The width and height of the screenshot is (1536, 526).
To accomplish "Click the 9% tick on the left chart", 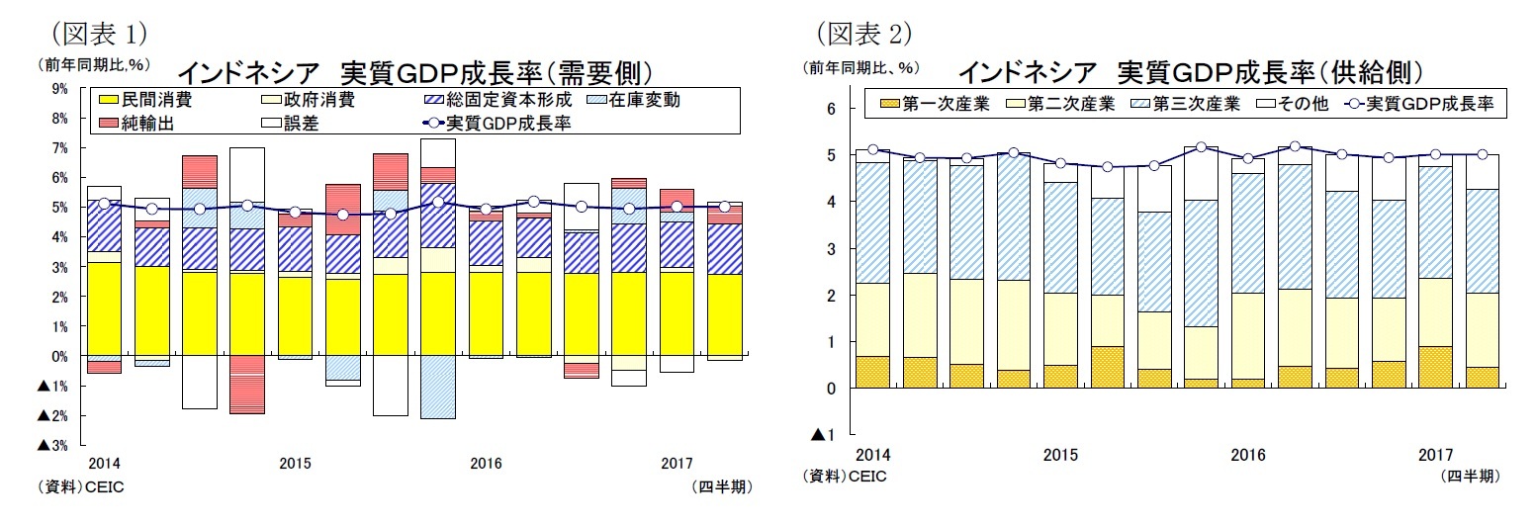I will click(x=59, y=88).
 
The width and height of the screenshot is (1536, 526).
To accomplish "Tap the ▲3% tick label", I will click(x=52, y=445).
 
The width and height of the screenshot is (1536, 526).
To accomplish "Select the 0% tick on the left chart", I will click(x=59, y=356).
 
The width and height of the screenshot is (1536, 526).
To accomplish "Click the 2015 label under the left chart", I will click(x=295, y=463).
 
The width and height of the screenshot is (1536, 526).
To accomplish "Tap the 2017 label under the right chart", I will click(x=1435, y=455).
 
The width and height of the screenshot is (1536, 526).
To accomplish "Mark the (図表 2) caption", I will click(x=862, y=34).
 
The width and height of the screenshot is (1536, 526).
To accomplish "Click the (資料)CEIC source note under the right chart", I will click(x=846, y=477).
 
